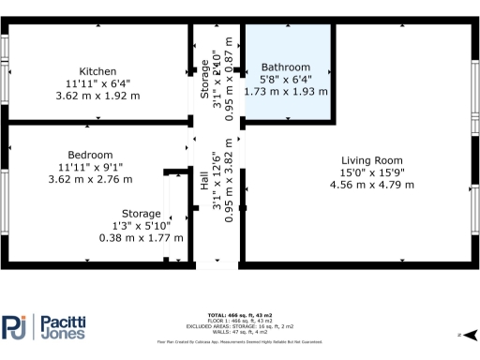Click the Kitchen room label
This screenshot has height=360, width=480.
tap(97, 71)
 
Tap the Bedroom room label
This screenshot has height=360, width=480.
tap(90, 155)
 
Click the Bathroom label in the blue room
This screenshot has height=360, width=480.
tap(285, 67)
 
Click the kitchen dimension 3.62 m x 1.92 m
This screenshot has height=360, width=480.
tap(97, 96)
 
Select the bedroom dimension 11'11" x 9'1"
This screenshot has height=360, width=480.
tap(90, 167)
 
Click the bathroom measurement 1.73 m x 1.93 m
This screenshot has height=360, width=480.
tap(285, 92)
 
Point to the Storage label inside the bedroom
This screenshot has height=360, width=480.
tap(141, 213)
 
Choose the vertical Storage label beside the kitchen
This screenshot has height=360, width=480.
tap(204, 80)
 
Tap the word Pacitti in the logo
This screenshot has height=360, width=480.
tap(64, 321)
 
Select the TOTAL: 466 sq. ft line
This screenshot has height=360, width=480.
tap(239, 314)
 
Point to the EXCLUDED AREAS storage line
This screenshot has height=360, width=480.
tap(239, 326)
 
